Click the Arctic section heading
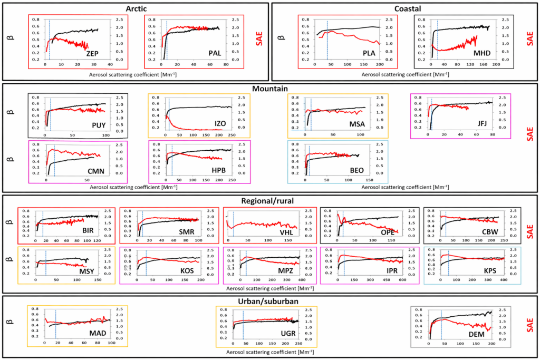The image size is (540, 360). pyautogui.click(x=135, y=8)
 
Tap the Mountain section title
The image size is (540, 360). pyautogui.click(x=269, y=90)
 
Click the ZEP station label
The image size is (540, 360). pyautogui.click(x=93, y=54)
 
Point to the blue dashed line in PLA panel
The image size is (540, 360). pyautogui.click(x=327, y=40)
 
